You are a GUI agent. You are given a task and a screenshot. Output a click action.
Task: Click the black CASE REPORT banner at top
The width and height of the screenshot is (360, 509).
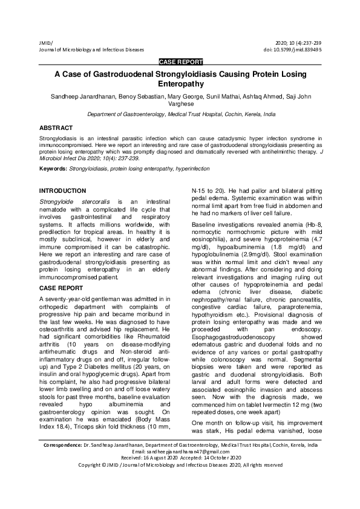[x=180, y=62]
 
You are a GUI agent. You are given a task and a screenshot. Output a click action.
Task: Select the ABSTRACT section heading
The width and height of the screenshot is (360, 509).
[x=56, y=128]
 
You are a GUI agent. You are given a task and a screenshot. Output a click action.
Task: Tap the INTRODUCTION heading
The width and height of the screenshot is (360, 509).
[x=62, y=190]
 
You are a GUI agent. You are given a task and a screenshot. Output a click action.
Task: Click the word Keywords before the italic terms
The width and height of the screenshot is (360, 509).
[x=53, y=167]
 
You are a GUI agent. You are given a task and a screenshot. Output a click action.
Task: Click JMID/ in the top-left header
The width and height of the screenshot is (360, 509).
[x=45, y=42]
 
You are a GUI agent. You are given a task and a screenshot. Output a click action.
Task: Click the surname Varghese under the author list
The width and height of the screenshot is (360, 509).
[x=180, y=104]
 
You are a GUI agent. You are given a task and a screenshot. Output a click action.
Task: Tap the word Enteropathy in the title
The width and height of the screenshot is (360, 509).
[x=180, y=84]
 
